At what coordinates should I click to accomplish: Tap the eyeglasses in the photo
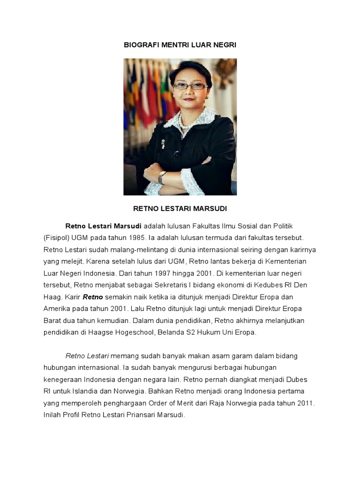click(190, 86)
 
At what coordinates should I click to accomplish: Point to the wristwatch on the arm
click(162, 177)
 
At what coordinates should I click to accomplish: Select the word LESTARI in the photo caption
click(180, 208)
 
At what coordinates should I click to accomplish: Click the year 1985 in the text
click(127, 238)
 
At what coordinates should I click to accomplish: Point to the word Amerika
click(57, 308)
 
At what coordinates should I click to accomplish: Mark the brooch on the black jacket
click(164, 143)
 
